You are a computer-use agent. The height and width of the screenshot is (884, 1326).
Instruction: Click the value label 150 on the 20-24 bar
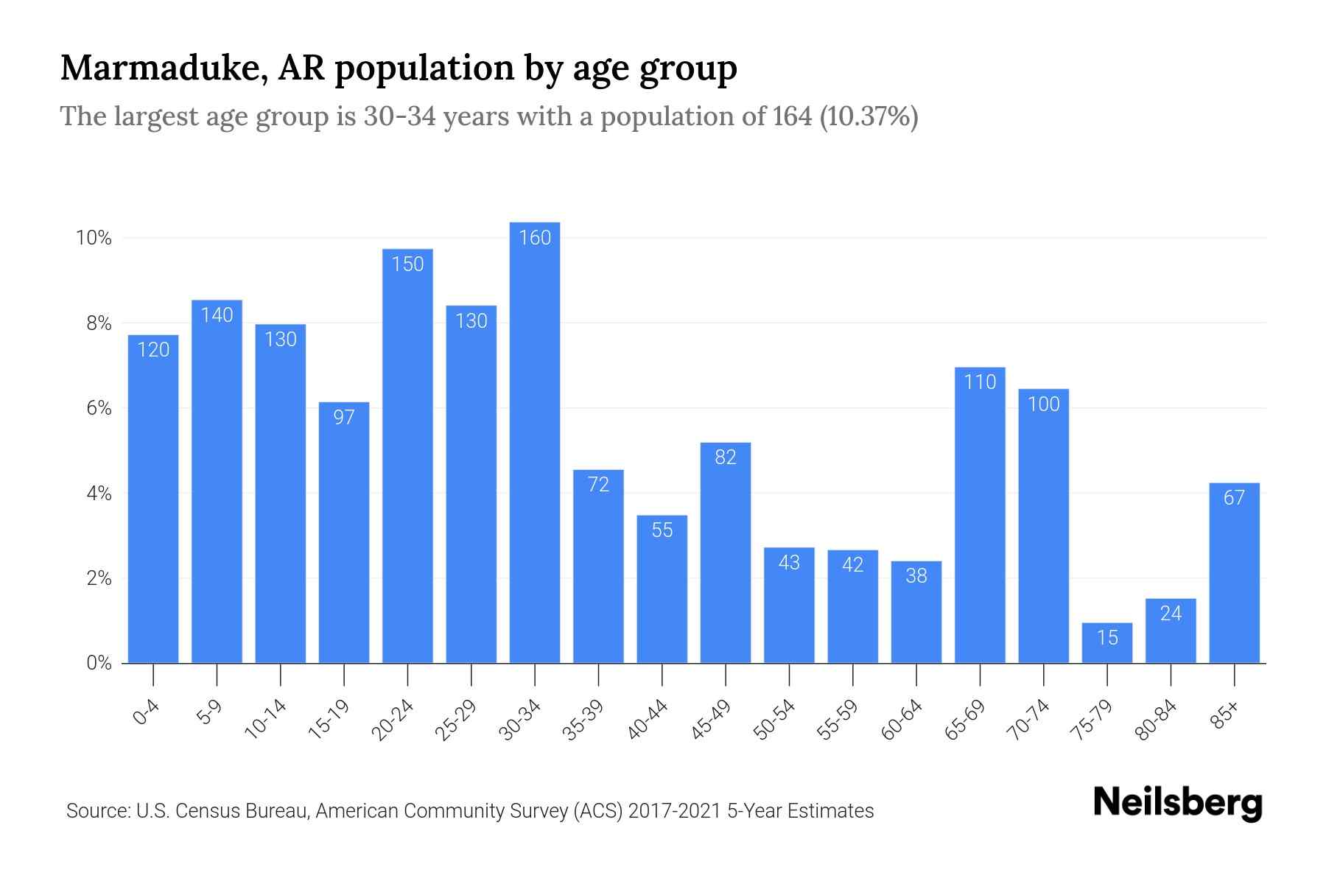[x=407, y=264]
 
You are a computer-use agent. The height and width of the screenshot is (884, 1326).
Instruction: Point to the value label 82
[x=726, y=457]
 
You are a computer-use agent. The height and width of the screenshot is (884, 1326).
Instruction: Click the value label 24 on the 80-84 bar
[x=1171, y=614]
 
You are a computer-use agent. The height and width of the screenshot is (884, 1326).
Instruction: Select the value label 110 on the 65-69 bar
[x=980, y=382]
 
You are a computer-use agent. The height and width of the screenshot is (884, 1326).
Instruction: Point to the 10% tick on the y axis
[x=94, y=238]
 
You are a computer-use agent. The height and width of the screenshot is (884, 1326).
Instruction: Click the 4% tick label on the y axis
[x=99, y=494]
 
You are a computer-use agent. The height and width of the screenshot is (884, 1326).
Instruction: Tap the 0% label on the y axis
[x=99, y=663]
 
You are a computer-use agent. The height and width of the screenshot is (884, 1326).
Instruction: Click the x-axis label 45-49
[x=712, y=719]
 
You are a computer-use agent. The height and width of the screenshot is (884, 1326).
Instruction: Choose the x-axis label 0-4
[x=147, y=712]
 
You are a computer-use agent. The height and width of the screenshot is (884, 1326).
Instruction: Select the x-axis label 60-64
[x=902, y=719]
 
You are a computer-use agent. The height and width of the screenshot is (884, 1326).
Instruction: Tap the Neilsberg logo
[x=1177, y=803]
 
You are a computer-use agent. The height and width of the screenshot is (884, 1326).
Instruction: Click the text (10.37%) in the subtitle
[x=869, y=116]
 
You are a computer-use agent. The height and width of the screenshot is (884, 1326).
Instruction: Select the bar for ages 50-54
[x=789, y=606]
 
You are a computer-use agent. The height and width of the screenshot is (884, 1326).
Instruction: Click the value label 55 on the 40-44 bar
[x=662, y=530]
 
